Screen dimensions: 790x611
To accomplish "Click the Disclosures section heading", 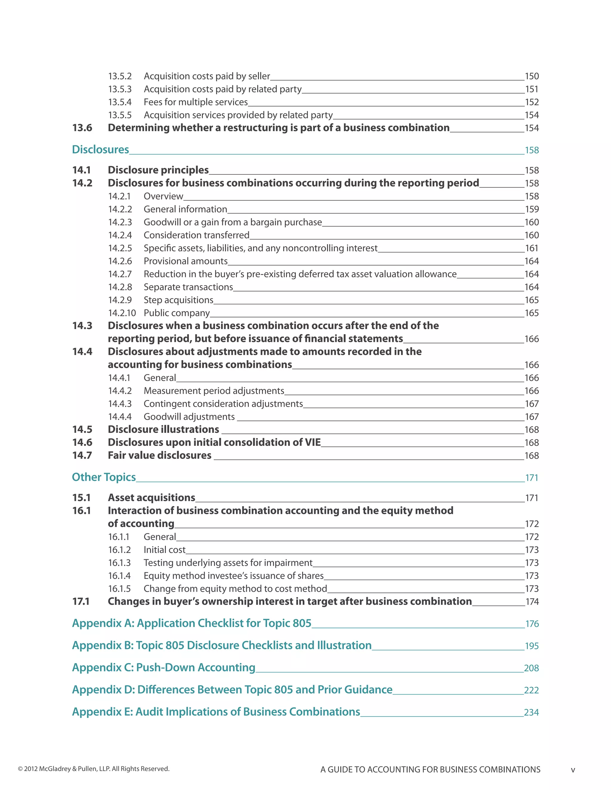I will [100, 149].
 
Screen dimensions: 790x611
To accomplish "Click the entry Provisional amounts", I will [185, 261].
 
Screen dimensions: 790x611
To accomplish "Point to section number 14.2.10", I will [122, 313].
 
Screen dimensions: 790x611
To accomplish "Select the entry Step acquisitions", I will [178, 300].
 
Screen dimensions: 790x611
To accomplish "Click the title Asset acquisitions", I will [151, 498].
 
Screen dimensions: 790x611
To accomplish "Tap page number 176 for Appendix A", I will [532, 624].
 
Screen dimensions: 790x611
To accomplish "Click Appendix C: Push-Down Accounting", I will [163, 667].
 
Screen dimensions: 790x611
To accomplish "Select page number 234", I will [531, 712].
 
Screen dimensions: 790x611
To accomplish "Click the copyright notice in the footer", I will [94, 769].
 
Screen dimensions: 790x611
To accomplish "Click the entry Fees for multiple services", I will [195, 102].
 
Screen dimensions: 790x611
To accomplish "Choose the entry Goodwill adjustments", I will [189, 417].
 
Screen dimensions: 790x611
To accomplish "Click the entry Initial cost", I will [164, 550].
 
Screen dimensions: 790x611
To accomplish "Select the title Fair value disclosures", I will [159, 456].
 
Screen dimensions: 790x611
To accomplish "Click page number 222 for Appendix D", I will [531, 690].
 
